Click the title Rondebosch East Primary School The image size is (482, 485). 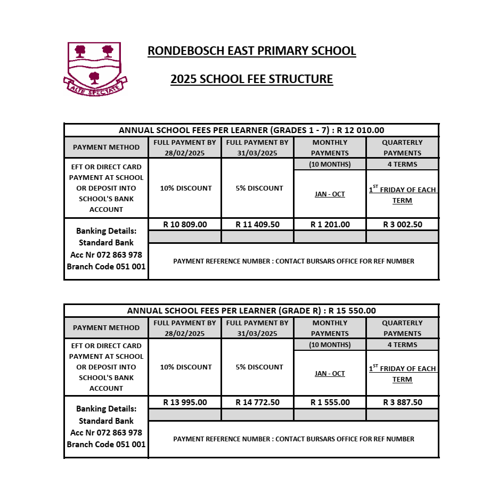tap(251, 51)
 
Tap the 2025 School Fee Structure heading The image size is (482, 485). tap(251, 79)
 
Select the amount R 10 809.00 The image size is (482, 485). tap(185, 225)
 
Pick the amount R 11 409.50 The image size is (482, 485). tap(257, 225)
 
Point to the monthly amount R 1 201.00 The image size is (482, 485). tap(330, 225)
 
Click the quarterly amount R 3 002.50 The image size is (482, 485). tap(402, 225)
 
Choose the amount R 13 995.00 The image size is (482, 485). tap(185, 402)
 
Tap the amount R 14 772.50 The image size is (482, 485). tap(257, 402)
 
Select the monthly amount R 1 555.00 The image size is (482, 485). tap(330, 402)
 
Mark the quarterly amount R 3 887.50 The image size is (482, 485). tap(402, 402)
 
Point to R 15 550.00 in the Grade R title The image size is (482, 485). tap(352, 311)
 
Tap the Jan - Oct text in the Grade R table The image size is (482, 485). tap(330, 374)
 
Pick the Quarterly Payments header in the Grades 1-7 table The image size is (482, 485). tap(402, 147)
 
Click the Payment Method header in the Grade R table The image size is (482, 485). tap(106, 328)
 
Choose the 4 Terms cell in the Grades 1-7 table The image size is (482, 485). tap(402, 164)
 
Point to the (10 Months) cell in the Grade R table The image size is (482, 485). tap(330, 344)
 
